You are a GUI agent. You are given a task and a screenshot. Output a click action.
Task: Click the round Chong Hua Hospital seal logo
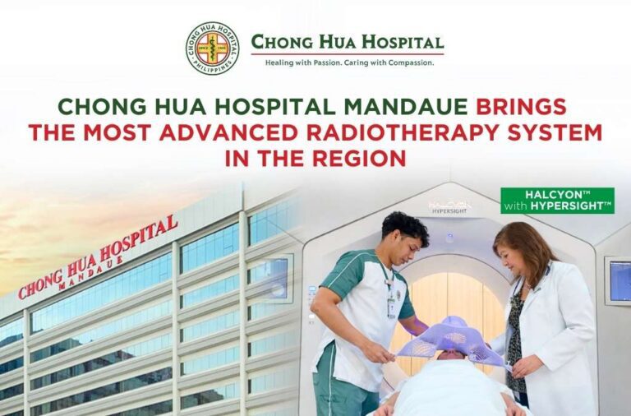(x=212, y=49)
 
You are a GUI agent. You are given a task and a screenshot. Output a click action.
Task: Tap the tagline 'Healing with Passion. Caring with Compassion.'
(x=348, y=62)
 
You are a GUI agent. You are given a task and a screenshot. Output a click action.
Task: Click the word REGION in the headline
(x=363, y=157)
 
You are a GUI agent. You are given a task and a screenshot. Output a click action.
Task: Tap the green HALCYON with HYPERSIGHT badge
(x=557, y=201)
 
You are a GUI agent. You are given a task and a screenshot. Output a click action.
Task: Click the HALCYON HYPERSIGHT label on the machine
(x=449, y=207)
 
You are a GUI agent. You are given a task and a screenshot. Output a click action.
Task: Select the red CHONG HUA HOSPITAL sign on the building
(x=99, y=255)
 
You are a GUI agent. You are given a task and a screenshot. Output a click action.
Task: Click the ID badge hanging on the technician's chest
(x=393, y=306)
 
